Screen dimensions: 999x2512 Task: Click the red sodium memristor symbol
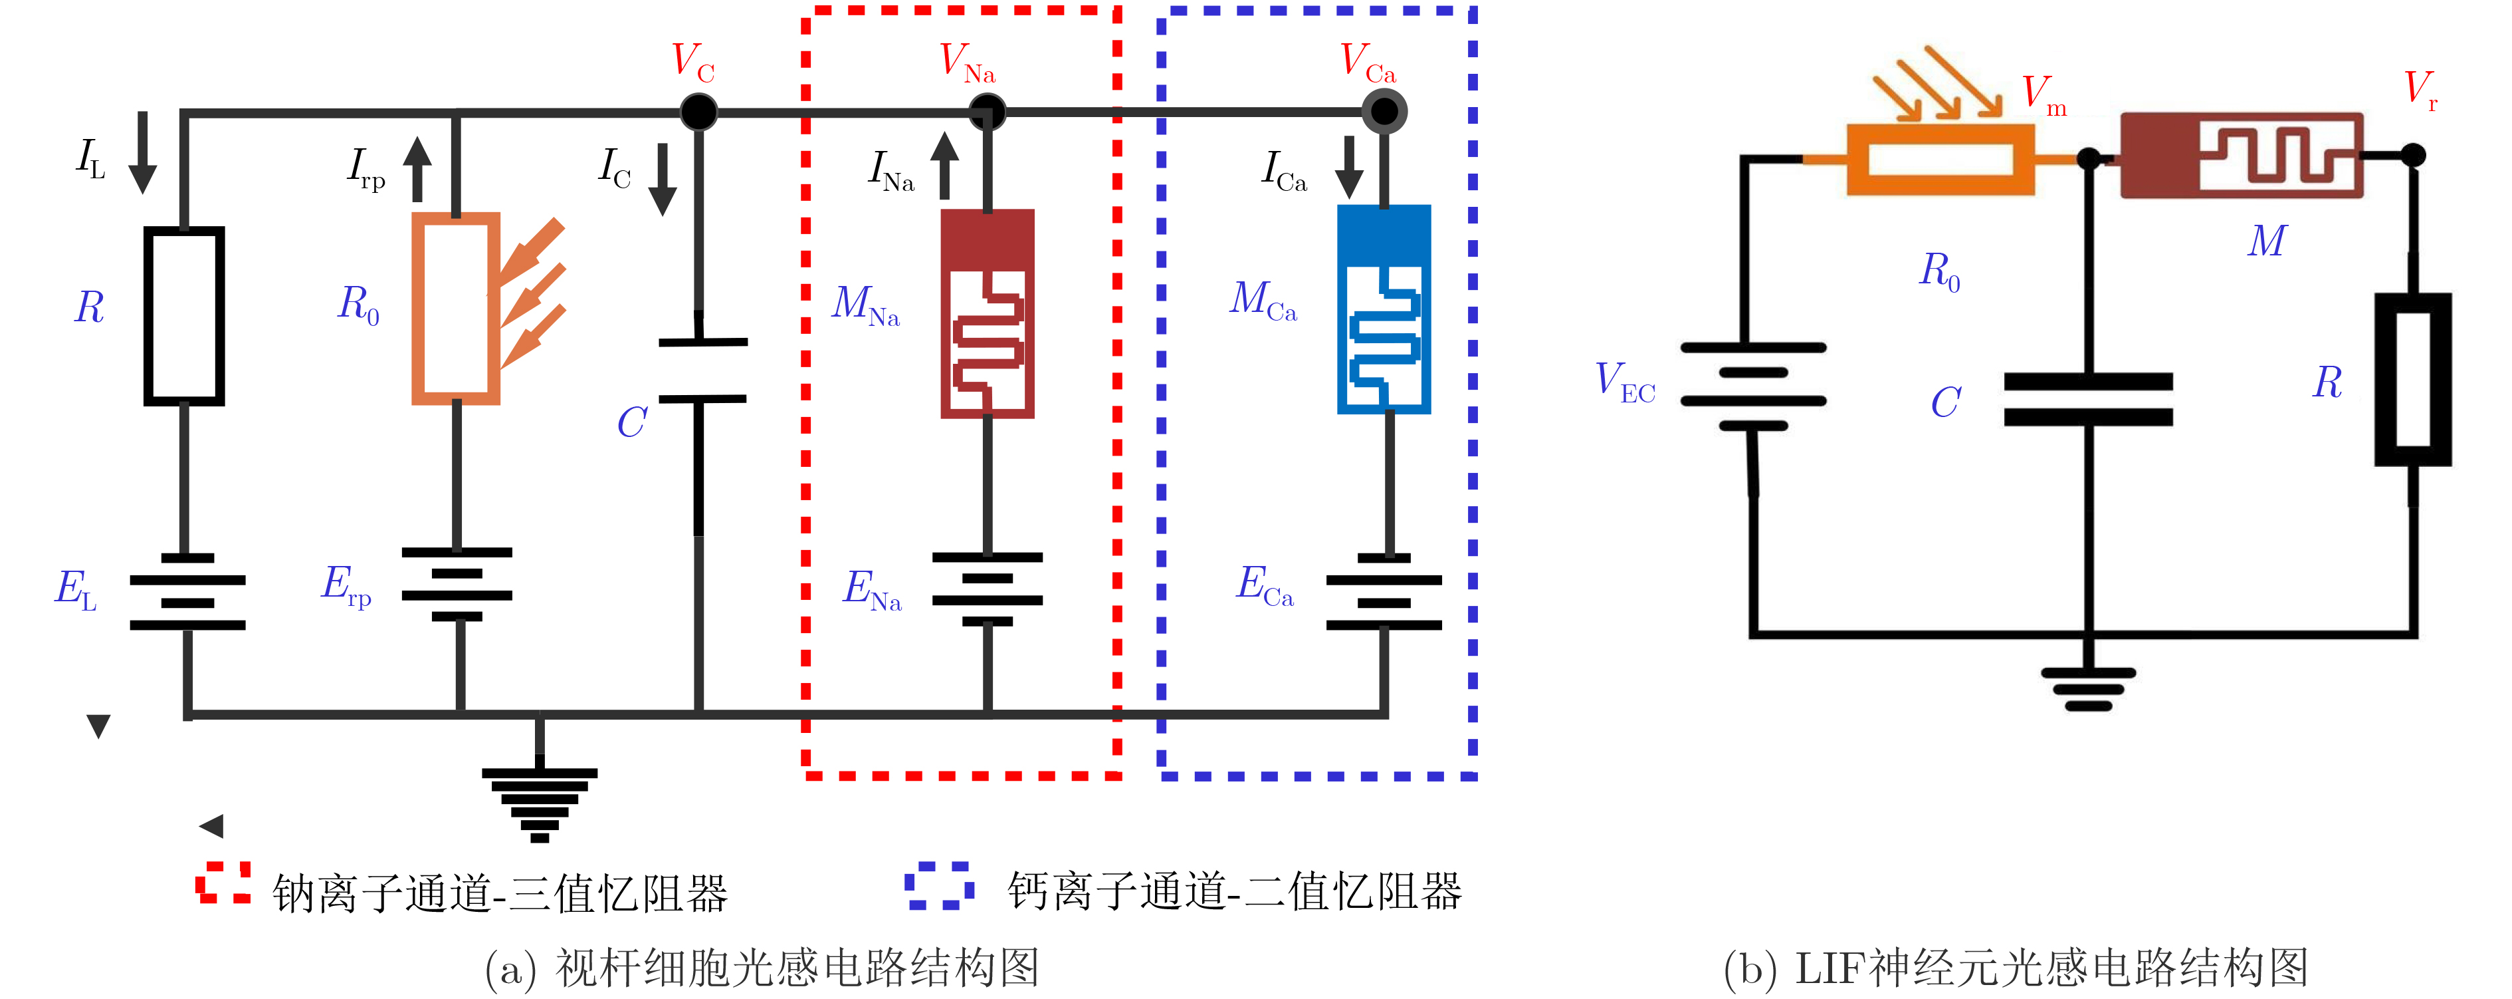[987, 313]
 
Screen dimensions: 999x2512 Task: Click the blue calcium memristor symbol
[1384, 309]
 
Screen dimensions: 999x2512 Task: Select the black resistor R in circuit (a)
[184, 315]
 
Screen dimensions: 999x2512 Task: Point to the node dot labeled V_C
[698, 112]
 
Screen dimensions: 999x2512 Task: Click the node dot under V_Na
[987, 112]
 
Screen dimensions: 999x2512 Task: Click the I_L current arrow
[142, 152]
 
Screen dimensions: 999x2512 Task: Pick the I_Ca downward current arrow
[1350, 167]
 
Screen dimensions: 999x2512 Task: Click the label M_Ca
[1263, 301]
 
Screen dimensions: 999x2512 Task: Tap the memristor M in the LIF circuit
[2241, 156]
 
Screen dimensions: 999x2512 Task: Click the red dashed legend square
[223, 883]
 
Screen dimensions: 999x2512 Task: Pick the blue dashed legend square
[938, 885]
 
